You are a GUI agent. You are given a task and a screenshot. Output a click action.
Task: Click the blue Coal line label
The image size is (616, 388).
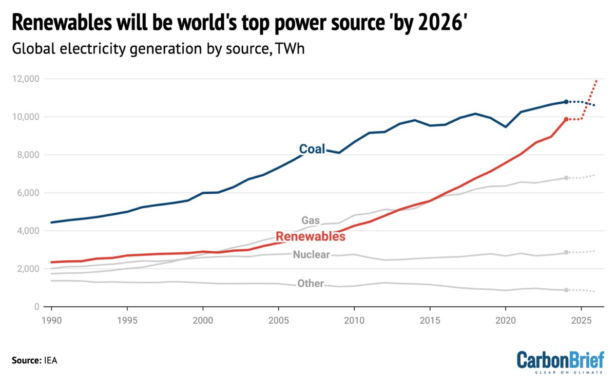point(312,149)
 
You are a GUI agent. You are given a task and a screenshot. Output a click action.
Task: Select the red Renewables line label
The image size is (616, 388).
point(310,236)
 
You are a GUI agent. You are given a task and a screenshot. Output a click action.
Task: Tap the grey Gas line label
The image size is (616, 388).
point(311,220)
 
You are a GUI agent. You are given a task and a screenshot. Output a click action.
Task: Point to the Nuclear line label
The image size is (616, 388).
point(311,254)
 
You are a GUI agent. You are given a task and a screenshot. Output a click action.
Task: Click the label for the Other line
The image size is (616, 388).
point(311,284)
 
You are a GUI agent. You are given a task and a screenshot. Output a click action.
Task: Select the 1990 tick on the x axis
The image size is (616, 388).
point(51,319)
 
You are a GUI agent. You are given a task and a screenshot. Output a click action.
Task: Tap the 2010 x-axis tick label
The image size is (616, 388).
point(354,319)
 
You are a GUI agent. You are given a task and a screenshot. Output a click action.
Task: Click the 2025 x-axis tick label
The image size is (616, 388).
point(581,319)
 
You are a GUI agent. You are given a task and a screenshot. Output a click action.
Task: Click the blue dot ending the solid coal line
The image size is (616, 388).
point(566,102)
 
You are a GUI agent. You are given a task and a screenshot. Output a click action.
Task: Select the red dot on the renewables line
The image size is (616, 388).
point(566,119)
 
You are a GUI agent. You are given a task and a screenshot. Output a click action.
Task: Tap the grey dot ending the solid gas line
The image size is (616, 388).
point(566,178)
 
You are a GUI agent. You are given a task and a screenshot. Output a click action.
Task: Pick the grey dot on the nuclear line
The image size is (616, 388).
point(566,252)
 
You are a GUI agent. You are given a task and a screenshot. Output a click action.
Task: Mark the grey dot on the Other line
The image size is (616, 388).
point(566,290)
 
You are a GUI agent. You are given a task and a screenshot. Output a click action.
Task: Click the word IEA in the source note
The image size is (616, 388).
point(50,360)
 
